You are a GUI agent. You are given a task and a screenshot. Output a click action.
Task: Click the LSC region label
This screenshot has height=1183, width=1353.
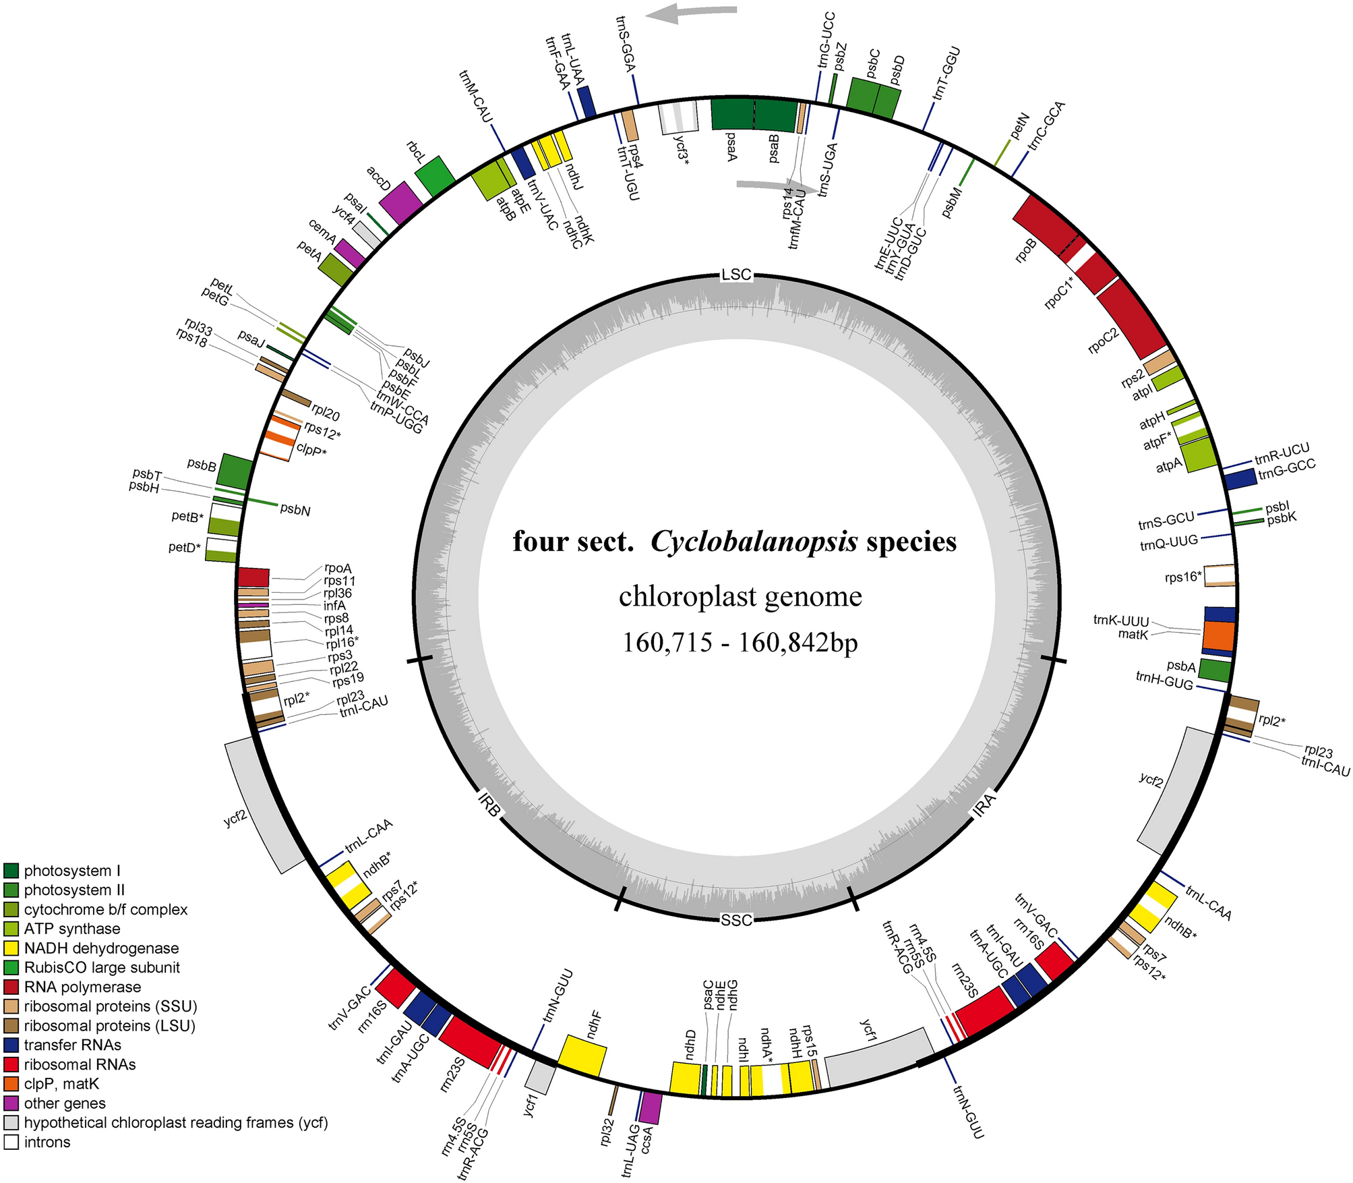click(x=736, y=275)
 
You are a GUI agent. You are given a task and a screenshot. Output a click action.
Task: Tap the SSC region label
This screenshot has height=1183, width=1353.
click(x=736, y=921)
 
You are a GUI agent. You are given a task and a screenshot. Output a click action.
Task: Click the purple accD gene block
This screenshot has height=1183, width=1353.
click(x=401, y=202)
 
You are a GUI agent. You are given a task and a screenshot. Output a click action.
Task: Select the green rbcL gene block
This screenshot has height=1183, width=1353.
click(x=435, y=177)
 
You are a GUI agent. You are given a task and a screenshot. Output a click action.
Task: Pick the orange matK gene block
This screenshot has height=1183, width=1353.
click(x=1218, y=635)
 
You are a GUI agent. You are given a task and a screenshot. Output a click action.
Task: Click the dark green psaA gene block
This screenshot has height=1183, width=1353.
click(x=733, y=115)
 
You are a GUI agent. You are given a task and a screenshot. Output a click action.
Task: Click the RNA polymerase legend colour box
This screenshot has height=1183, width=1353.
click(x=11, y=987)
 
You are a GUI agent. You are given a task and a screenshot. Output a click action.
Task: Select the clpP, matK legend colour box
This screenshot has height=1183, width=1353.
click(x=11, y=1084)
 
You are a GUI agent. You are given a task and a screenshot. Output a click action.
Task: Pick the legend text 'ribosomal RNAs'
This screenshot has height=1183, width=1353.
click(x=80, y=1064)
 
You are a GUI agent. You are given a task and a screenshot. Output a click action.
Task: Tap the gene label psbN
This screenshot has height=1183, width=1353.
click(x=295, y=511)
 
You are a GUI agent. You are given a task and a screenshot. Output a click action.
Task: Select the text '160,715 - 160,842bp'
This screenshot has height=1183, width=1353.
click(x=740, y=643)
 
